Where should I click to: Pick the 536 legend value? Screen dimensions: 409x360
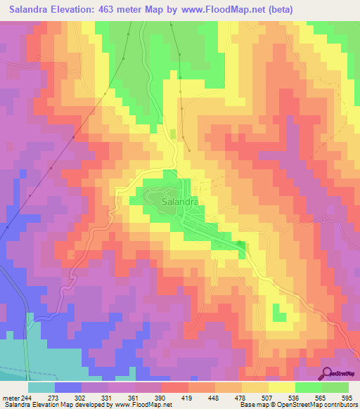coord(298,397)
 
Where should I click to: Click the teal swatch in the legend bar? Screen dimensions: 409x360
coord(41,387)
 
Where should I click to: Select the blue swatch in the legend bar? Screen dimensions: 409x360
coord(68,387)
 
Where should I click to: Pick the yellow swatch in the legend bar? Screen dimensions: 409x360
coord(281,387)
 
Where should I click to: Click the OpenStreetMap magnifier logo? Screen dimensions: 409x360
coord(328,375)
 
